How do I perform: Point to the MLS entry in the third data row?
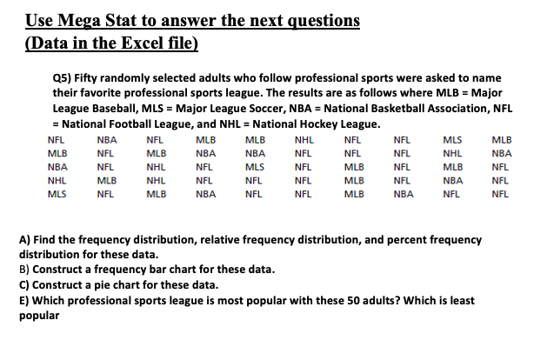[x=255, y=167]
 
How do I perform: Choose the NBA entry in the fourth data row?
[x=452, y=181]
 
